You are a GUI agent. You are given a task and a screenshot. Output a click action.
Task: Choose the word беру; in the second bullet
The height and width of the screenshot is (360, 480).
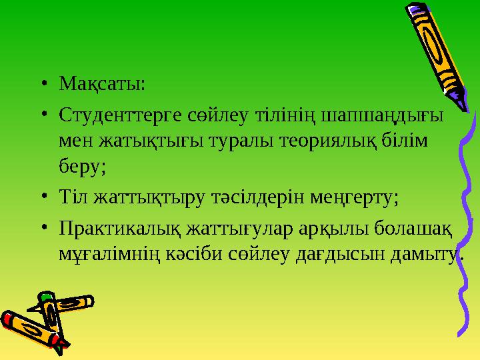coord(82,165)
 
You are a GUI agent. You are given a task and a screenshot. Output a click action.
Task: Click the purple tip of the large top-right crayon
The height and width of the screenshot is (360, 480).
coord(415,9)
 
